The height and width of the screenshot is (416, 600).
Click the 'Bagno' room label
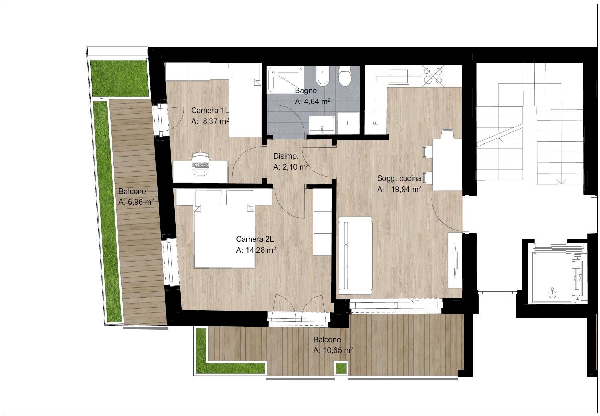point(305,91)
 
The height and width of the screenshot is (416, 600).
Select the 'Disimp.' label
point(286,156)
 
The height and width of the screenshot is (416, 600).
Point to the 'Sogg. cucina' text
point(399,178)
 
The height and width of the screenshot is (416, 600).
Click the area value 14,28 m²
point(261,250)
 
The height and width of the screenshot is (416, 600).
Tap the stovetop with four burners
point(432,76)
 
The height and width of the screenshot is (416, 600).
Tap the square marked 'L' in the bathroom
point(348,123)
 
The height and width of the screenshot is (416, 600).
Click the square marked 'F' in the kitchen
point(375,123)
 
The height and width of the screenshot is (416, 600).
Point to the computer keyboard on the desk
point(201,165)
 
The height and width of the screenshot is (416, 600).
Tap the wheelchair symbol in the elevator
point(553,293)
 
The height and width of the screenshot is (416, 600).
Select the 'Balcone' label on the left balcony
point(132,192)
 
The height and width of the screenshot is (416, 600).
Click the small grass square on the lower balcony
point(341,368)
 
